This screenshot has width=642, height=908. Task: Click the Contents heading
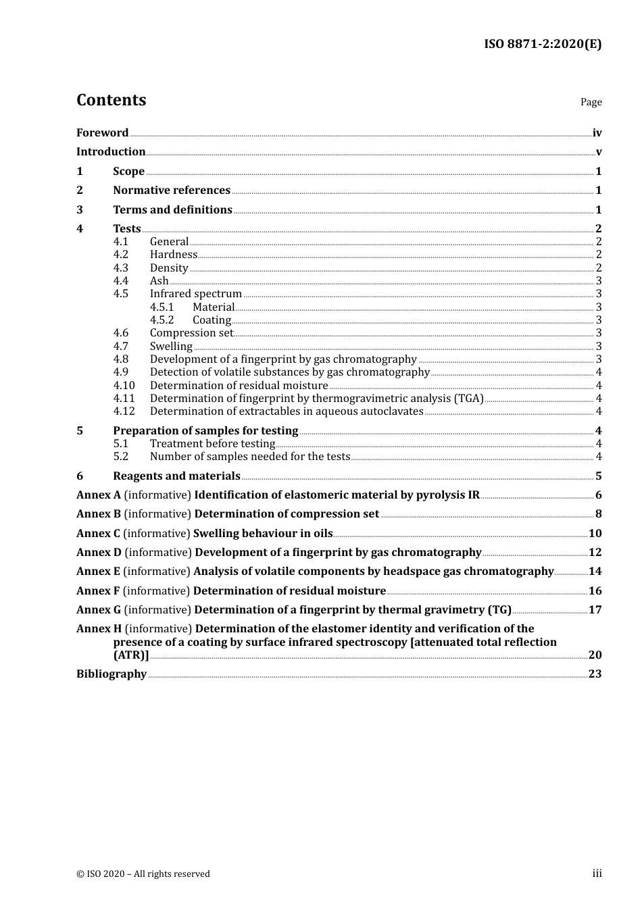[x=111, y=100]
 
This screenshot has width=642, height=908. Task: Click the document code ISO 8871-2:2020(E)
[x=542, y=45]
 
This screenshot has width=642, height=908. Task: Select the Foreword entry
[x=102, y=133]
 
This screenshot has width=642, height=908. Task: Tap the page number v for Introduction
[x=598, y=152]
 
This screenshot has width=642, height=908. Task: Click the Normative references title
[x=172, y=191]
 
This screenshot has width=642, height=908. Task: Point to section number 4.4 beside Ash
[x=120, y=281]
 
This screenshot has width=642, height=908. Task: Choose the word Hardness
[x=174, y=255]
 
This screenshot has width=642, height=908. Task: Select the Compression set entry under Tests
[x=191, y=333]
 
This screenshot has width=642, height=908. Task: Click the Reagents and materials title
[x=176, y=476]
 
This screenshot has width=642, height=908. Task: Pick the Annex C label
[x=98, y=534]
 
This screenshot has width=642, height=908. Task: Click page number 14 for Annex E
[x=595, y=572]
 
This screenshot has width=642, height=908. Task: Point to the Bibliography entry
[x=112, y=674]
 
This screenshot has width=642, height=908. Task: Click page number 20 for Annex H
[x=595, y=655]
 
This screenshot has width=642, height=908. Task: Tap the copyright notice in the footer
[x=143, y=874]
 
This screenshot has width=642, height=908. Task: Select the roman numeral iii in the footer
[x=597, y=874]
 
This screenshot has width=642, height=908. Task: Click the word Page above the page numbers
[x=591, y=102]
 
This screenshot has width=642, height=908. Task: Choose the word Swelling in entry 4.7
[x=171, y=347]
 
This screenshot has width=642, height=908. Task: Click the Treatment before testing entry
[x=212, y=444]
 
